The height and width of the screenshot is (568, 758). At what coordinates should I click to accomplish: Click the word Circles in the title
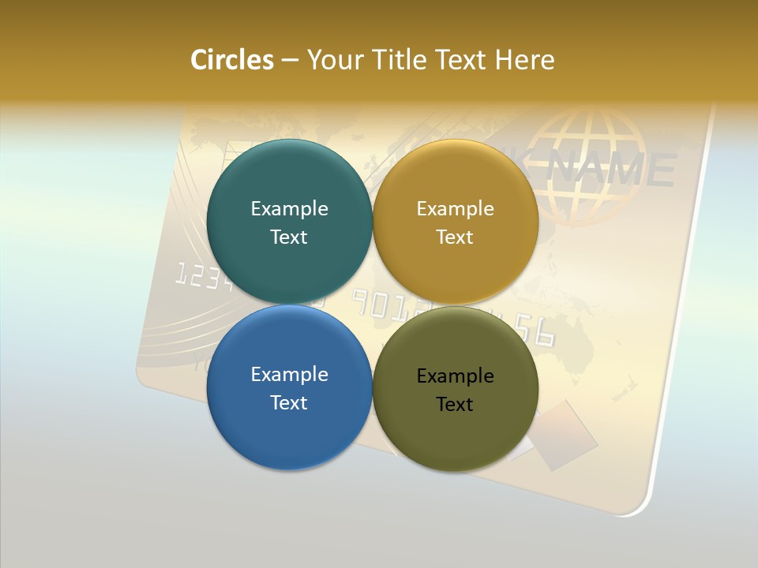pyautogui.click(x=232, y=60)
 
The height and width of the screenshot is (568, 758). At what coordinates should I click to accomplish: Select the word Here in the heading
pyautogui.click(x=524, y=60)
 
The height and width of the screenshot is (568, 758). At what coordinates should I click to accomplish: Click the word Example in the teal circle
pyautogui.click(x=289, y=209)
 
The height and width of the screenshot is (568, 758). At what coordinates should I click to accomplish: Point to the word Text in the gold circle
pyautogui.click(x=455, y=237)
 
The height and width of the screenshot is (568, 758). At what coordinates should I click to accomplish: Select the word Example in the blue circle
pyautogui.click(x=289, y=375)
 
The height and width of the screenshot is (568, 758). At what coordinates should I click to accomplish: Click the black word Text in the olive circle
pyautogui.click(x=455, y=405)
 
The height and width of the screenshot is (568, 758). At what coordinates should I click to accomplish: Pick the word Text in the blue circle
pyautogui.click(x=289, y=403)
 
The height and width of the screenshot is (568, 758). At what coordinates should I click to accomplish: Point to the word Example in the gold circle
pyautogui.click(x=455, y=209)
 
